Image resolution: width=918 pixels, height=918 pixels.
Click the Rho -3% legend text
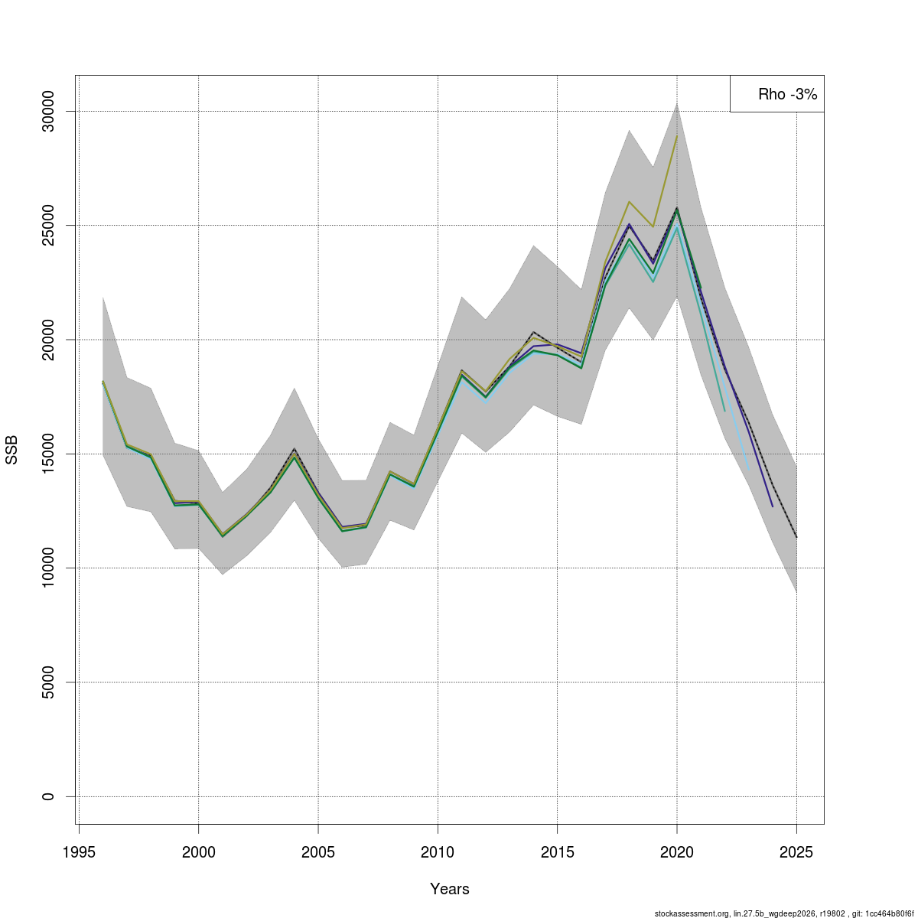(787, 95)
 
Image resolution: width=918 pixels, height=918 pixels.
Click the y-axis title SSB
(11, 450)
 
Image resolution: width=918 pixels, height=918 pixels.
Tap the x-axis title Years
(450, 889)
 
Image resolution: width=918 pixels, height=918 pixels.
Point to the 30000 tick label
(47, 112)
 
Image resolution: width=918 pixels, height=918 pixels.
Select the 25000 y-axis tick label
(47, 226)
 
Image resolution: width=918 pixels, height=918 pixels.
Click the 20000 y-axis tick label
(47, 340)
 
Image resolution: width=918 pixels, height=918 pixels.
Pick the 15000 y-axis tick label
(47, 454)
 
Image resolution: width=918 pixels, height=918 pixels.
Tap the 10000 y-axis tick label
(47, 568)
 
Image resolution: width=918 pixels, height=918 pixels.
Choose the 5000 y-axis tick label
(47, 682)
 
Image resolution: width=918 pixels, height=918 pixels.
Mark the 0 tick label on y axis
(47, 796)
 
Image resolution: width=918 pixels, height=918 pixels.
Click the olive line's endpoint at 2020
(677, 136)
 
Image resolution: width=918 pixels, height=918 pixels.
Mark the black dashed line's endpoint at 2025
(796, 537)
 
